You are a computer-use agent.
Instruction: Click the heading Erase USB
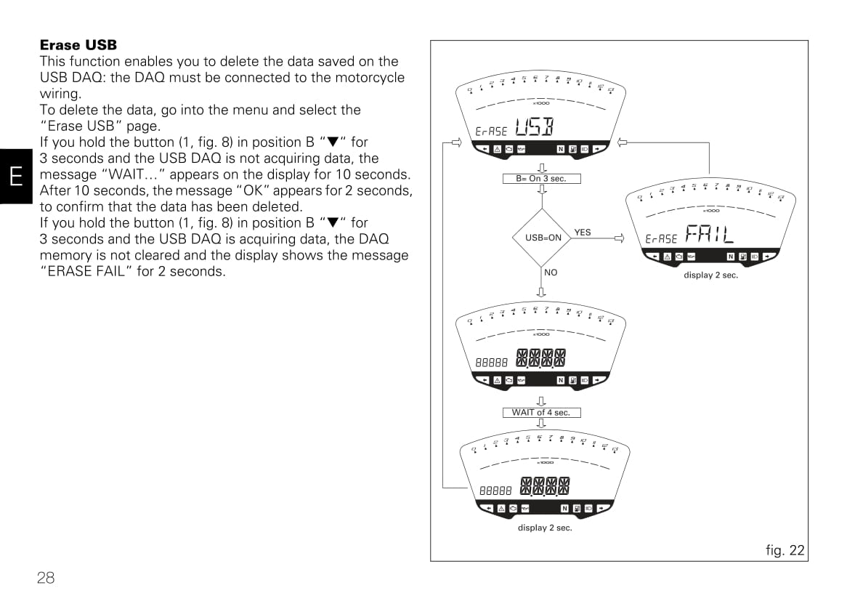[x=78, y=45]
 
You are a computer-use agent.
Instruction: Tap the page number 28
[x=46, y=578]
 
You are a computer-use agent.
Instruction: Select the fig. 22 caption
[x=785, y=550]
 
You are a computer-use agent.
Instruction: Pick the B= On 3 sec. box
[x=541, y=178]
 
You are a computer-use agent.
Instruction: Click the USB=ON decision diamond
[x=543, y=237]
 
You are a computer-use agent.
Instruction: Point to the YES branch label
[x=583, y=233]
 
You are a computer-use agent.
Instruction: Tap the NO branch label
[x=551, y=273]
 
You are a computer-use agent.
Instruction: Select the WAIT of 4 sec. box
[x=541, y=412]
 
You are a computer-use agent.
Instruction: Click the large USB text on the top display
[x=534, y=128]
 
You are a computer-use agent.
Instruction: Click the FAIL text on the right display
[x=709, y=234]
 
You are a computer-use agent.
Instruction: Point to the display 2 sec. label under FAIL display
[x=710, y=275]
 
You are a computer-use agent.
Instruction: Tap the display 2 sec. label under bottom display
[x=545, y=528]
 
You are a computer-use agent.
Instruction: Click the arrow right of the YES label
[x=619, y=238]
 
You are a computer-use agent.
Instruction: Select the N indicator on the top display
[x=561, y=149]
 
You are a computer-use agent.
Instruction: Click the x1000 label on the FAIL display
[x=710, y=211]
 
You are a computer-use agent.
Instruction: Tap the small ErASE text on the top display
[x=491, y=132]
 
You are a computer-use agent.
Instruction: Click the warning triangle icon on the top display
[x=498, y=149]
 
